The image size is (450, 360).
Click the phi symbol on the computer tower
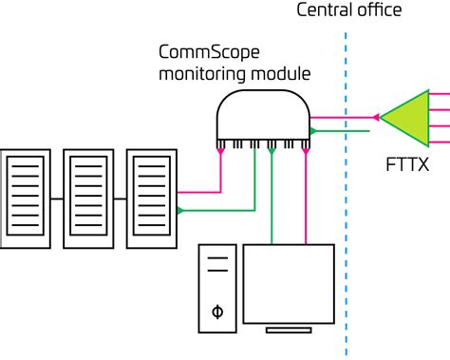click(217, 311)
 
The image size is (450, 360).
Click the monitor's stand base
click(290, 331)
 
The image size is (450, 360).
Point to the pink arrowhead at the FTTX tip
click(377, 118)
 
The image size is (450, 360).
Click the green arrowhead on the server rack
click(181, 210)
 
